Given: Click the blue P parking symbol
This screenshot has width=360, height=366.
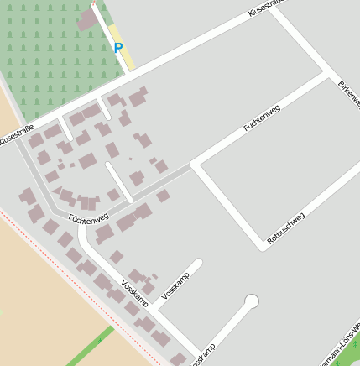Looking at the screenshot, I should click(118, 48).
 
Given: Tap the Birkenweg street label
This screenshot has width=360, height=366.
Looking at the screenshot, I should click(347, 100).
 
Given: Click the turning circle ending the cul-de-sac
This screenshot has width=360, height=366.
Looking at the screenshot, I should click(251, 301).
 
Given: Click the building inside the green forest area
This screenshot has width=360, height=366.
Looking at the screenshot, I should click(87, 20).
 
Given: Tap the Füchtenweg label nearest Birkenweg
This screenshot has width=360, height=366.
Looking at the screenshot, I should click(261, 118).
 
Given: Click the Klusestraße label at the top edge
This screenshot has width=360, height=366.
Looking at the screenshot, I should click(267, 8).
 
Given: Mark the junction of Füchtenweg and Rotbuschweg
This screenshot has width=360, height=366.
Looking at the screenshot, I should click(196, 165).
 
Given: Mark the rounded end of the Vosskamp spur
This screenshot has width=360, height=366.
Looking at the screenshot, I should click(198, 264).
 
